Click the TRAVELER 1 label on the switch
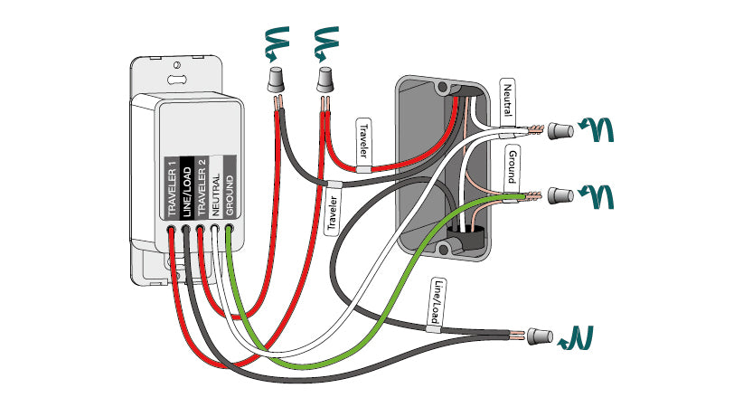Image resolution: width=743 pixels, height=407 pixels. click(172, 187)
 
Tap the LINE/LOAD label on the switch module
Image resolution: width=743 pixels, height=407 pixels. click(186, 187)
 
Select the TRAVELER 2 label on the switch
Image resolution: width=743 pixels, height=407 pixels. click(202, 187)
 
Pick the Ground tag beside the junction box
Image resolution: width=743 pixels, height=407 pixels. click(511, 166)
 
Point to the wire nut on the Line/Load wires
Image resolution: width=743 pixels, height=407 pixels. click(541, 336)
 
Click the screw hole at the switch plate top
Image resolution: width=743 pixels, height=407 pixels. click(177, 66)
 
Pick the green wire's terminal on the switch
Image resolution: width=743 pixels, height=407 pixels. click(229, 232)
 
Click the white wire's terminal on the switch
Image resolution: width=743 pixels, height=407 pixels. click(215, 232)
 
